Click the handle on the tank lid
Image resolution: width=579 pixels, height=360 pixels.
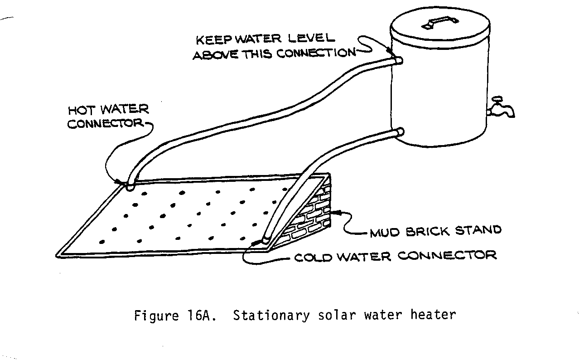point(440,22)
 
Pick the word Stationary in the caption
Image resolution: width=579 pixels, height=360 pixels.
point(271,315)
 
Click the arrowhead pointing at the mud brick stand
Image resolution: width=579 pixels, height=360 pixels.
point(335,211)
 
